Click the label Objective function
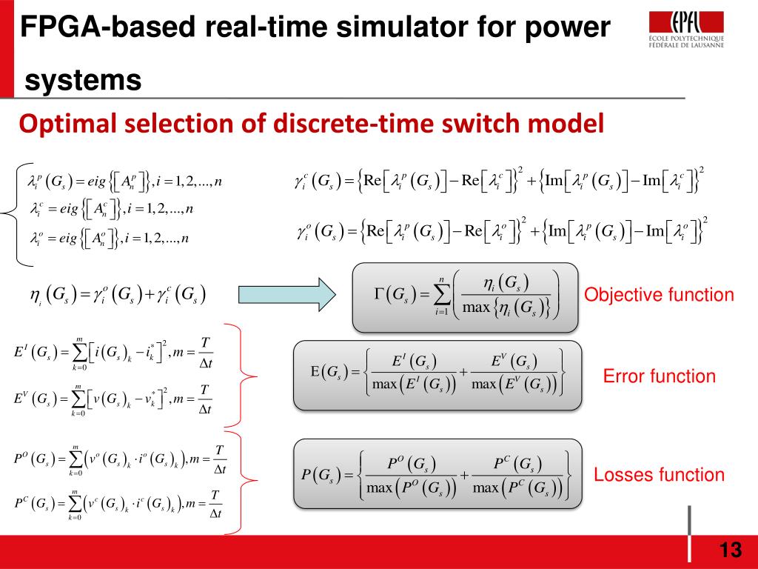click(659, 296)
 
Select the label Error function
click(660, 376)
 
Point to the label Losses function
click(659, 475)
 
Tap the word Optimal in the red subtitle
click(63, 122)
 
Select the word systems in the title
click(83, 79)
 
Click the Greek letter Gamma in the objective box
click(379, 294)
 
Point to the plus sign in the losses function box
click(465, 473)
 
